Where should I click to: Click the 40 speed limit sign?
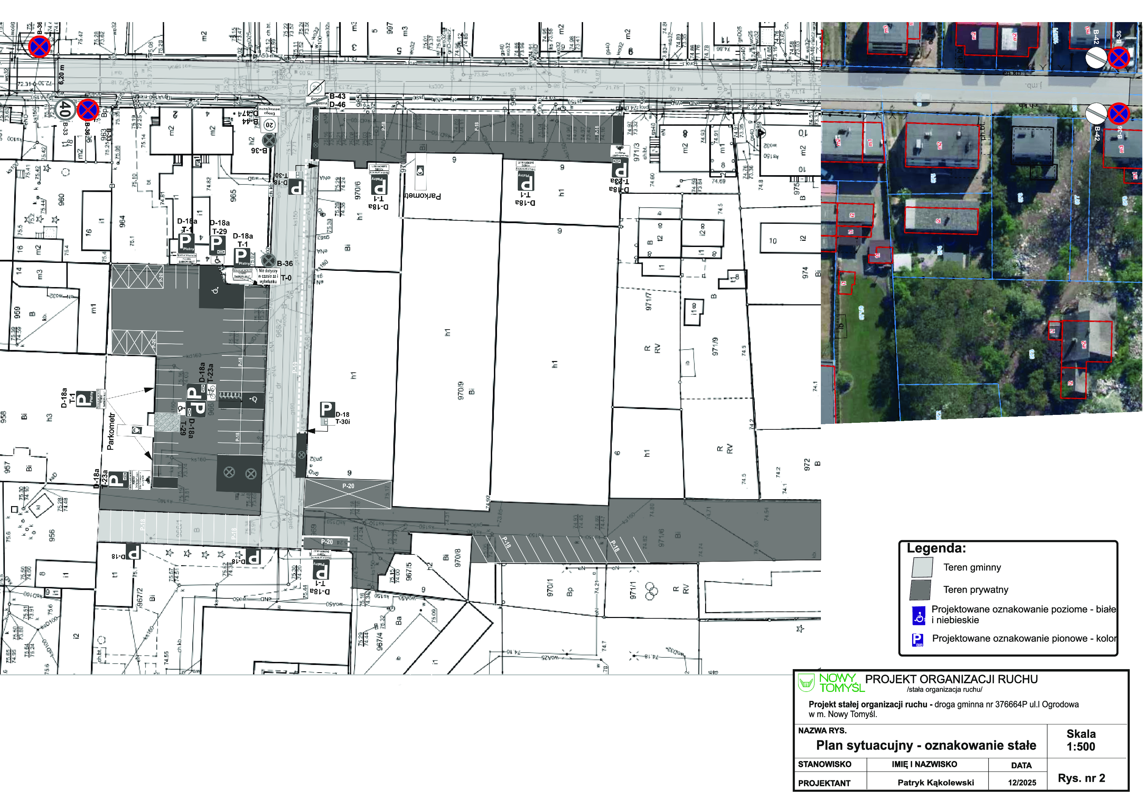pos(65,110)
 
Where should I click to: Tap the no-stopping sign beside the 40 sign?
pos(87,110)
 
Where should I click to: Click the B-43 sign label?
pos(338,96)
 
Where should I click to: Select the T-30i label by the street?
pos(343,421)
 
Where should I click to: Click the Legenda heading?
pos(936,548)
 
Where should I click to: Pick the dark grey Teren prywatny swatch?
pos(920,590)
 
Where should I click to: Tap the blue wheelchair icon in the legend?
pos(918,616)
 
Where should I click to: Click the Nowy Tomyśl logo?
pos(831,683)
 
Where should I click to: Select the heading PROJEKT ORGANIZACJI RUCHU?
pos(951,679)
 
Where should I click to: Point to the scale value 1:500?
pos(1081,746)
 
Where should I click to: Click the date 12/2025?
pos(1022,783)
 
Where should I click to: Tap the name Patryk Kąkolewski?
pos(935,783)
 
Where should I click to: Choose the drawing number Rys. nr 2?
pos(1081,778)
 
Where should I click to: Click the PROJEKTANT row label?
pos(824,783)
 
